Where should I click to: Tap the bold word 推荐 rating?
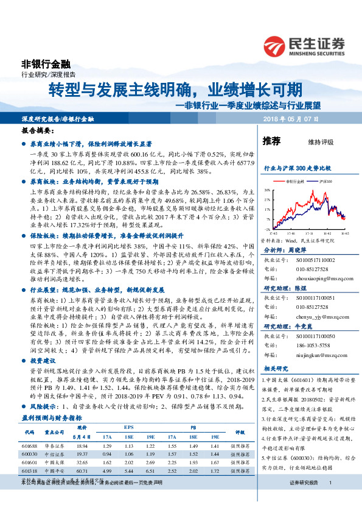coord(271,141)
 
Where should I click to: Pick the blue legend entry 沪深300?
coord(322,181)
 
